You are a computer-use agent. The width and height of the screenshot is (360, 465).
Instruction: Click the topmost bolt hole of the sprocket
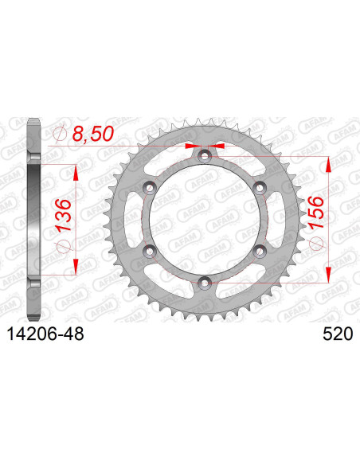pos(205,155)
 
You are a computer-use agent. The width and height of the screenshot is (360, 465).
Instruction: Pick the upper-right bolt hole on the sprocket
pos(260,187)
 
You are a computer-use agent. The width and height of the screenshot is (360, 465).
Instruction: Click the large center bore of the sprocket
pos(205,219)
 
